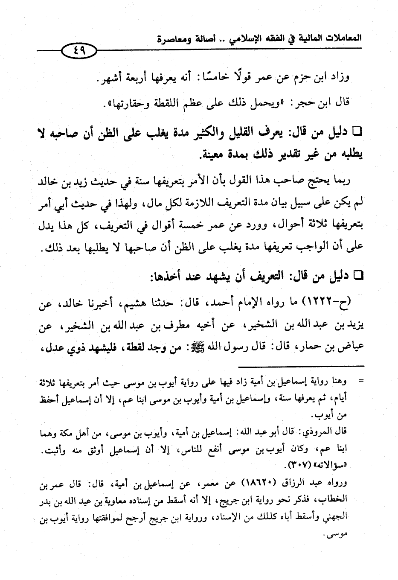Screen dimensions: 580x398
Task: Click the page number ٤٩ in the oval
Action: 80,50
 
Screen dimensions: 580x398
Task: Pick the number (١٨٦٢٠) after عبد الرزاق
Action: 258,485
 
